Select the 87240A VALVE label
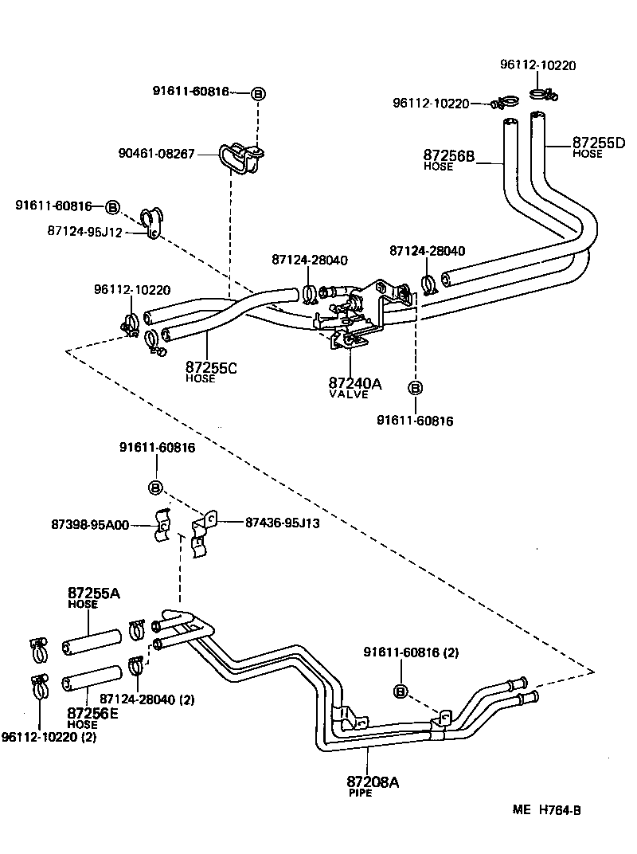point(355,387)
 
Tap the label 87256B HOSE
point(448,159)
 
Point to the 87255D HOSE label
point(598,147)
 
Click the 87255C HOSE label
point(211,371)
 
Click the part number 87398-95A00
point(90,524)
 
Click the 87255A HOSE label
point(93,597)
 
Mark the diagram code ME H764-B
point(547,810)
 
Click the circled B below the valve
point(415,388)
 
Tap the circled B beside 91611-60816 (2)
point(401,691)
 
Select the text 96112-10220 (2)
point(49,737)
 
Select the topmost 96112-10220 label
point(537,65)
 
